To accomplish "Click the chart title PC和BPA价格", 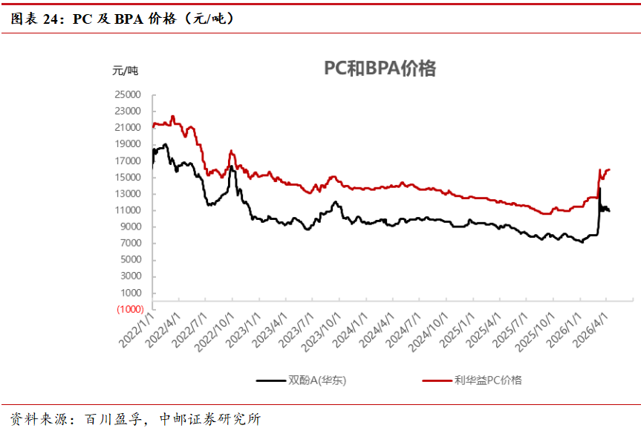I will pos(380,69).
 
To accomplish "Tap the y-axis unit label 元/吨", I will pos(125,71).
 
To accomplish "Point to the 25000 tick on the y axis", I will pos(128,95).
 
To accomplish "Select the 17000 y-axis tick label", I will pos(128,161).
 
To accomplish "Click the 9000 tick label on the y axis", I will pos(130,227).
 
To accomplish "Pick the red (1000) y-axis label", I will pos(128,309).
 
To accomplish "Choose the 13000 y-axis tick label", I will pos(128,194).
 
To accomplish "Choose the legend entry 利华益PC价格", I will pos(488,380).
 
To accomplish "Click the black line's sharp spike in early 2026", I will pos(599,189).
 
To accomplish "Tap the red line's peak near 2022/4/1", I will pos(172,116).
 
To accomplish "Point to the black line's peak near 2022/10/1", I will pos(232,166).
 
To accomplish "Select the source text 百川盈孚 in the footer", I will pos(111,419).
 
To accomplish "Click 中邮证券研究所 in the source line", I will pos(210,419).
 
